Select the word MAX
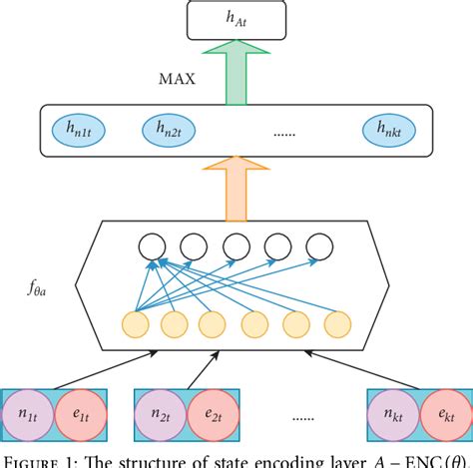coord(177,78)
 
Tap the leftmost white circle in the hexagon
coord(151,246)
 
